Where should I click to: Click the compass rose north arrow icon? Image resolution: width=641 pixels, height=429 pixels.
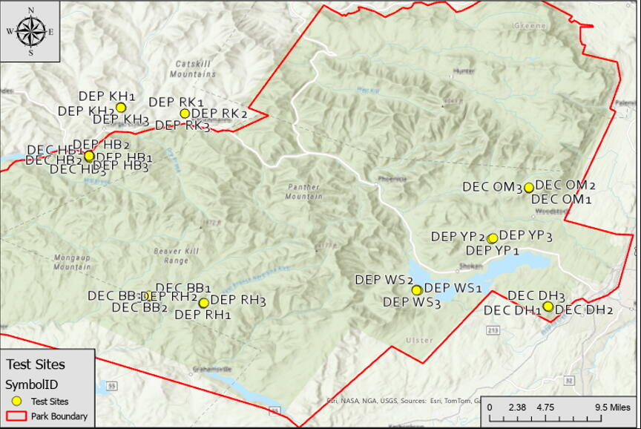30,31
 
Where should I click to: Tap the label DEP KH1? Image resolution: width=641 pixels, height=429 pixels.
107,96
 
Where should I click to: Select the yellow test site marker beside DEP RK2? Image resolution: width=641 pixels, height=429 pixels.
185,114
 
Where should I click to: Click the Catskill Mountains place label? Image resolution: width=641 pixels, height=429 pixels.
192,69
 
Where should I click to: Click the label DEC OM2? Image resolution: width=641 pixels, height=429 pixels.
565,185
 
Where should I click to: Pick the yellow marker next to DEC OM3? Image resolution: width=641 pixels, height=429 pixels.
529,188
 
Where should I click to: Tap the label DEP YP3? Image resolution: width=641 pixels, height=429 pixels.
526,235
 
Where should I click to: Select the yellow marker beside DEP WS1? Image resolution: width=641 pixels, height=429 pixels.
417,290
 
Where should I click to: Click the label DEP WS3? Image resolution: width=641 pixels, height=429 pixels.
412,302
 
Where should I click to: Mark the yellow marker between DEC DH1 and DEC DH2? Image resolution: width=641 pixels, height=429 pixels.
548,307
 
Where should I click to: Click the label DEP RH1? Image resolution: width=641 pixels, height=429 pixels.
203,315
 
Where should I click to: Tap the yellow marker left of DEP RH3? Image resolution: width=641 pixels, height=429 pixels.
204,303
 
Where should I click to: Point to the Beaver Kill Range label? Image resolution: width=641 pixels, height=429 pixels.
171,256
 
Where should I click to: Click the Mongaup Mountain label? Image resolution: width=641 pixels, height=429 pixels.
71,262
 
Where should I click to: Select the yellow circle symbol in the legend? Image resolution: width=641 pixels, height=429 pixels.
16,402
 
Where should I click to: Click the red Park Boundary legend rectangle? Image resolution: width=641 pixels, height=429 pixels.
16,416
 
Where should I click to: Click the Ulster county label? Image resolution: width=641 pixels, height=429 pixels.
418,340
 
